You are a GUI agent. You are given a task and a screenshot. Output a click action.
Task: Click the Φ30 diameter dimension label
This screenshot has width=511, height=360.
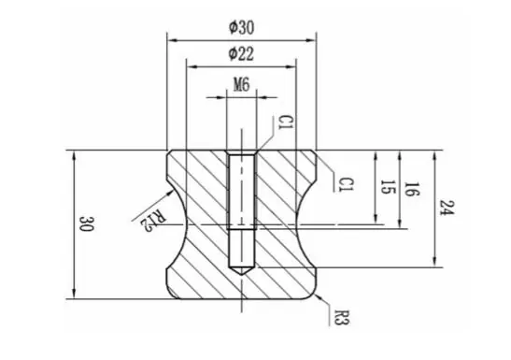click(x=241, y=28)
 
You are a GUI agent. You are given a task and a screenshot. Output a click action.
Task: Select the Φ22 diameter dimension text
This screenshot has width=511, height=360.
click(x=241, y=54)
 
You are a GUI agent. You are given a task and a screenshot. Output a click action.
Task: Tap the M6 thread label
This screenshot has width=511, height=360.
click(x=242, y=85)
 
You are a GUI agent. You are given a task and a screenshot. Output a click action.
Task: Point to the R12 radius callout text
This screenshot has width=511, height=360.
click(x=153, y=220)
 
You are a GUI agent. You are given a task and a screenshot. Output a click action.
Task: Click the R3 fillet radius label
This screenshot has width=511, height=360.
click(x=342, y=317)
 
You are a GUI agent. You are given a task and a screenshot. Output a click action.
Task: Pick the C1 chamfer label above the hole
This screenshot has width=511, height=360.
click(x=286, y=122)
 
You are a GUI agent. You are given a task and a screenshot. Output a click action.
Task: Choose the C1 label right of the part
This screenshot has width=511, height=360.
click(x=346, y=184)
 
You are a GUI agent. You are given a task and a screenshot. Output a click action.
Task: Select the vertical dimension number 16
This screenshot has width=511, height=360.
click(x=412, y=190)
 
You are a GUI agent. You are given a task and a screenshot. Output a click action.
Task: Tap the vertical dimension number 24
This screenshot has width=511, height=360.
click(x=447, y=208)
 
